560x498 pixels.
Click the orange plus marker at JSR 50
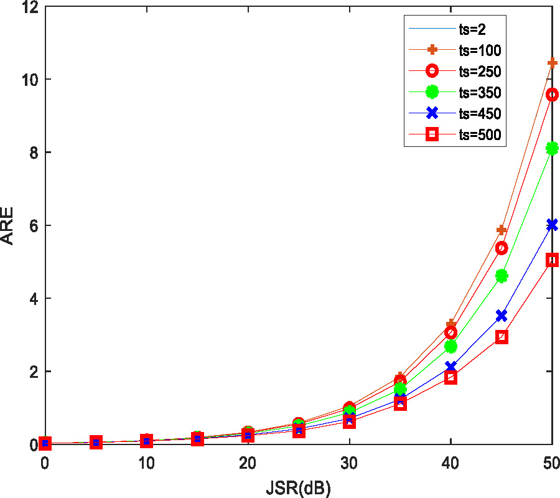coord(552,63)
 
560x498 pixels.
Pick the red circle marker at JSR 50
coord(552,95)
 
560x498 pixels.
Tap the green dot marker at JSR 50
coord(552,148)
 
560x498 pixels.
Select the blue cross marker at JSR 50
coord(552,225)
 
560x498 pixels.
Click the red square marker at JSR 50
coord(552,260)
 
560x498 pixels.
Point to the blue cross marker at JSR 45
coord(502,316)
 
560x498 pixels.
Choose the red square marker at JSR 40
coord(450,377)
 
